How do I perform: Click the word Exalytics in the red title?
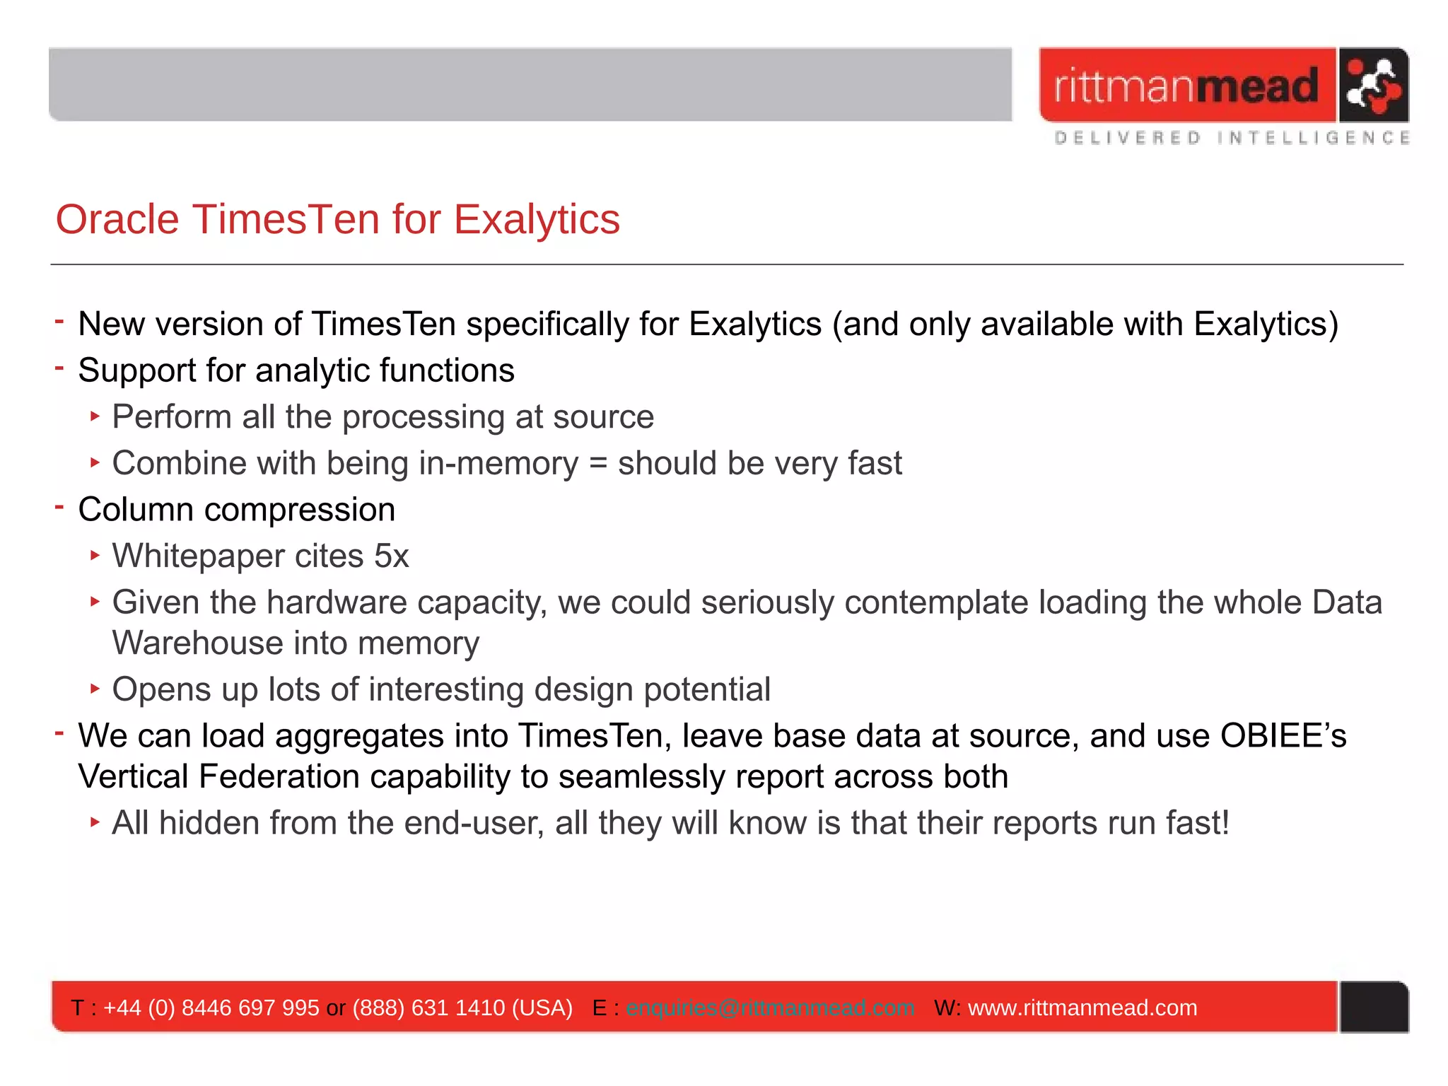(537, 219)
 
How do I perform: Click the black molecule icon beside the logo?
(1372, 86)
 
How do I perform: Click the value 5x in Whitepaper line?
(391, 556)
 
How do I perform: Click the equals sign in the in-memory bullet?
(597, 464)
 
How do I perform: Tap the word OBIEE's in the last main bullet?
(1283, 736)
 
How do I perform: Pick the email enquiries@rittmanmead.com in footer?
(770, 1008)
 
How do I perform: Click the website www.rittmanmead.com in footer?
(1082, 1008)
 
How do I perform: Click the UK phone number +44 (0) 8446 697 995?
(211, 1008)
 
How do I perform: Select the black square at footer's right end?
(1373, 1007)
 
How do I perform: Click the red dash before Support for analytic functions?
(59, 368)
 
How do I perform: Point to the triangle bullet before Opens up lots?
(95, 688)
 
